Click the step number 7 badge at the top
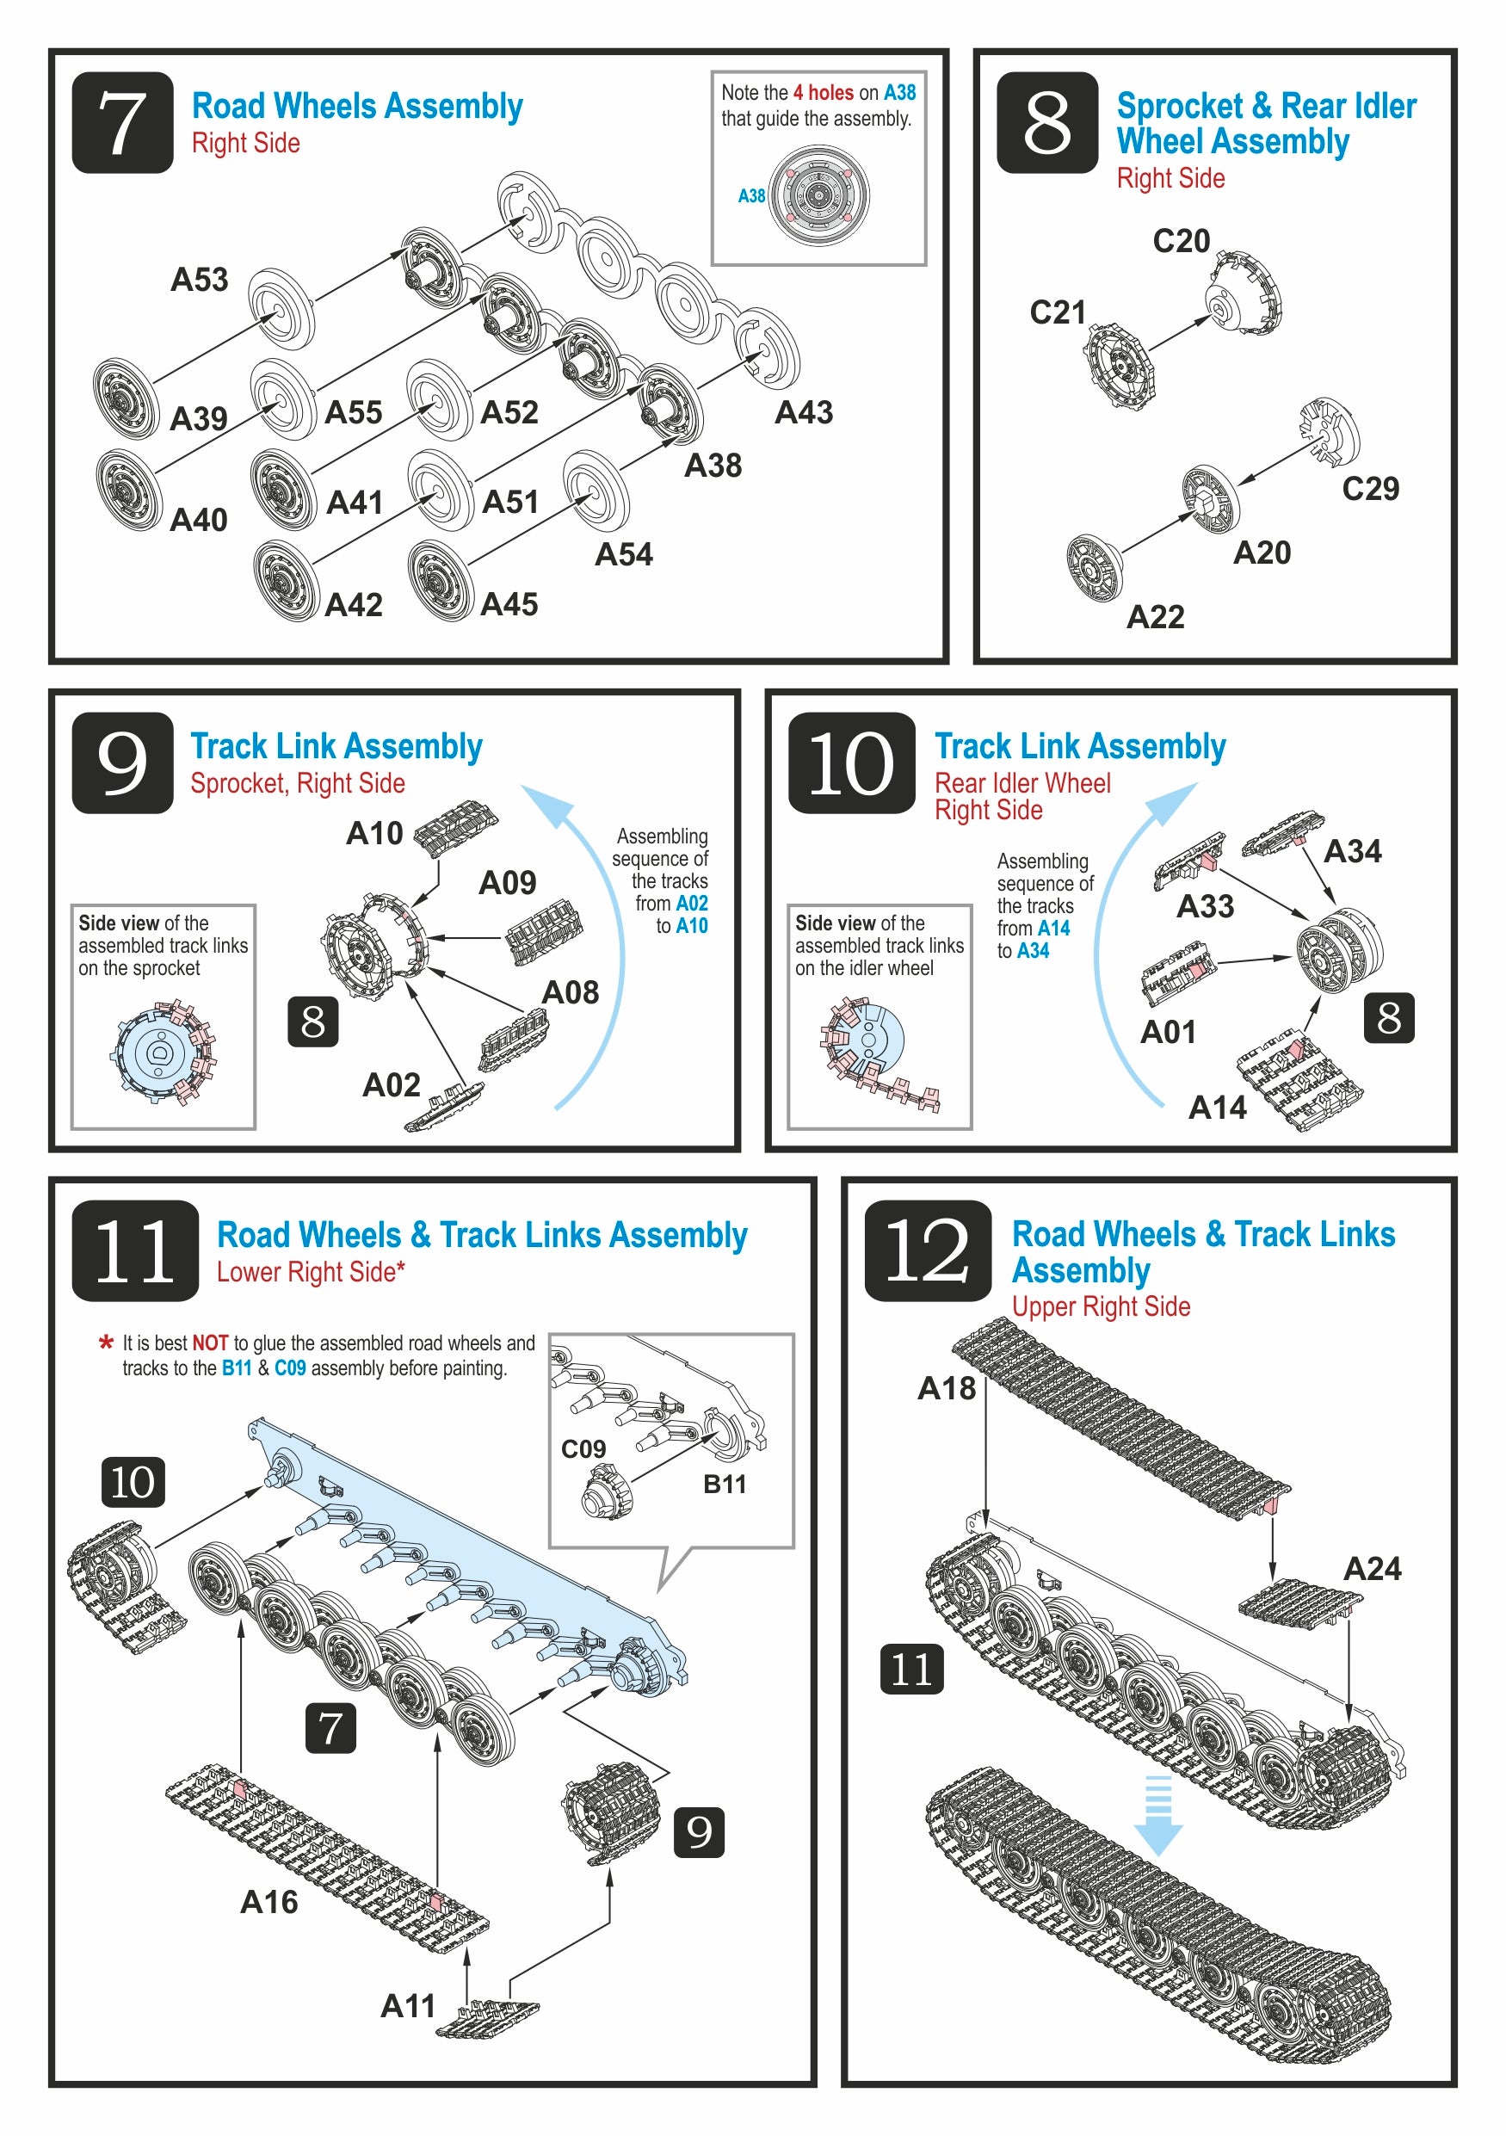click(x=122, y=123)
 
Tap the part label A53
click(x=199, y=280)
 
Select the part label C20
click(x=1181, y=241)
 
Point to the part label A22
click(x=1154, y=617)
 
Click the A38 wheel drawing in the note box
click(x=818, y=195)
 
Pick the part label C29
click(x=1369, y=489)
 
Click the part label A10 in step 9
click(x=374, y=833)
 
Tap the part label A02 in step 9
click(x=391, y=1083)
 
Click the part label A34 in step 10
click(x=1352, y=850)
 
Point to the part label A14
click(x=1217, y=1107)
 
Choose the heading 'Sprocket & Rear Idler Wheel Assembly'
click(x=1265, y=124)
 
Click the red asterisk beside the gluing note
click(x=106, y=1343)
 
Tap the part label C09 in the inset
click(x=583, y=1448)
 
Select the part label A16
click(x=268, y=1902)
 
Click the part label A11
click(x=407, y=2005)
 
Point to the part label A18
click(x=946, y=1388)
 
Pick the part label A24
click(x=1371, y=1569)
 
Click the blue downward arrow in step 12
click(x=1157, y=1815)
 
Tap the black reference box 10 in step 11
click(x=133, y=1482)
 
